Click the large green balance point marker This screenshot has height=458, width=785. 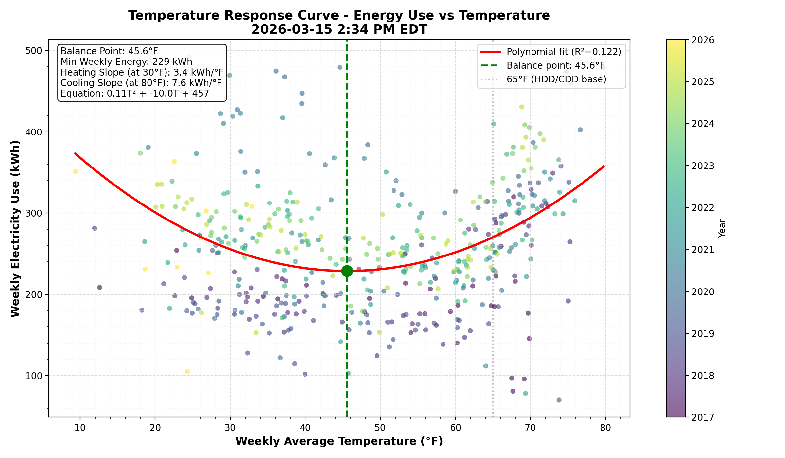(347, 271)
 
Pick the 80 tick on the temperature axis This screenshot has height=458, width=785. (605, 428)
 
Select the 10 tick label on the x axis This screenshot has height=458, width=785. (80, 428)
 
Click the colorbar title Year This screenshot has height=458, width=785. (722, 228)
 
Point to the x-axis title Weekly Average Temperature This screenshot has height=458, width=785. (339, 441)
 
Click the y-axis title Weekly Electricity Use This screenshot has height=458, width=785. (15, 228)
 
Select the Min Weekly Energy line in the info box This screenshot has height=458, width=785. (127, 62)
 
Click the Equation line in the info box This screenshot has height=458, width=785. (135, 94)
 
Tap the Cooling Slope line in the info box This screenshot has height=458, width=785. (141, 83)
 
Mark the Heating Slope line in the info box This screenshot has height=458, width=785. (142, 72)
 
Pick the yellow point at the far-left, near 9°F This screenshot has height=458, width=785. (75, 171)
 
